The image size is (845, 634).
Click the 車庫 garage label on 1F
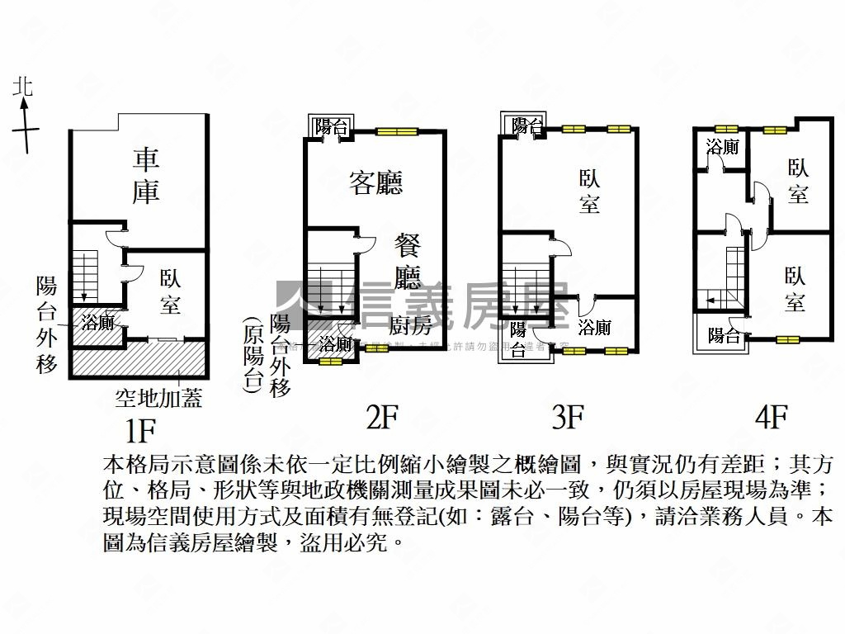(x=146, y=174)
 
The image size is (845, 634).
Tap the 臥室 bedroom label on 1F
(x=170, y=291)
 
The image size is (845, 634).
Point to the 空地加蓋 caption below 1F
(x=158, y=400)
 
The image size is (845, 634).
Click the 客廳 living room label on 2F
(x=375, y=182)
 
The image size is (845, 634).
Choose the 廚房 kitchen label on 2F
(x=410, y=321)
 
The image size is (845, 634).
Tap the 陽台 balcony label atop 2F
(x=332, y=127)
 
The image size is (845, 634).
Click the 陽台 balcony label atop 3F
(x=526, y=125)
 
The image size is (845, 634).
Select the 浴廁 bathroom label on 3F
(x=595, y=327)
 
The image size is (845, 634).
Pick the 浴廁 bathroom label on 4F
(x=722, y=147)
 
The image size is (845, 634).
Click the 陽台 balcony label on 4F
(x=724, y=335)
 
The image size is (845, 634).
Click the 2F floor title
(x=382, y=419)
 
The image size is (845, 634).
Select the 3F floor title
(x=568, y=419)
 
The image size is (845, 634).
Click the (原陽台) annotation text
(x=253, y=357)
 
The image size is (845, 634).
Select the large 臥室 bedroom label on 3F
(x=589, y=191)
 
